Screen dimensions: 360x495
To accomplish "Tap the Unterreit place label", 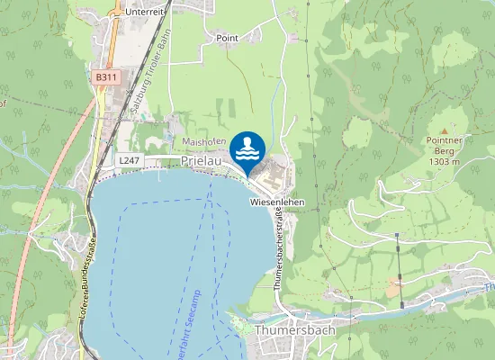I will coord(146,11).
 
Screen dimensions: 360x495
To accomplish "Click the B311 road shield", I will coord(106,77).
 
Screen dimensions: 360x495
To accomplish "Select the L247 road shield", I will coord(129,158).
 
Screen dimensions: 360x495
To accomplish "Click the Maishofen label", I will coord(202,142).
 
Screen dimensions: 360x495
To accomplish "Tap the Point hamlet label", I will coord(227,39).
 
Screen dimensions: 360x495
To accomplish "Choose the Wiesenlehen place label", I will coord(277,202).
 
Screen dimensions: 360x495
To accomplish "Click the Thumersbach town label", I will coord(295,330).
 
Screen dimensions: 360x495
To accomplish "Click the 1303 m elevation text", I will coord(444,162).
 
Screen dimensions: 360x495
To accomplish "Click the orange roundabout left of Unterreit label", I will coord(116,12).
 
